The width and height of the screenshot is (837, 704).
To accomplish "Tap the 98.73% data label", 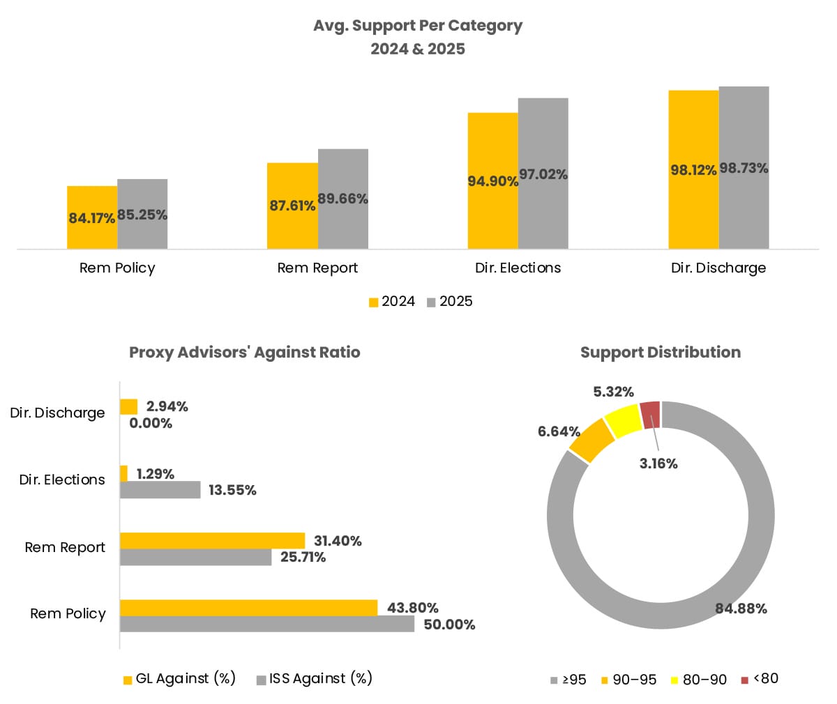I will [744, 168].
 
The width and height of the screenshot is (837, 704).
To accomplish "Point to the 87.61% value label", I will [292, 206].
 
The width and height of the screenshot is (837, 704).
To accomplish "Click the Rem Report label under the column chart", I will [317, 268].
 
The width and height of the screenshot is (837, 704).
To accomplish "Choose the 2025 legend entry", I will [449, 301].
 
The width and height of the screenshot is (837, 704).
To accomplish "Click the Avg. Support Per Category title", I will [418, 26].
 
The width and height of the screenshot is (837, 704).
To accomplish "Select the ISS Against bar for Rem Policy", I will [267, 624].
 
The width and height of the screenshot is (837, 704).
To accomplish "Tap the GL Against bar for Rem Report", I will [212, 540].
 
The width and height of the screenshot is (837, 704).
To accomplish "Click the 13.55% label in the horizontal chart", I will [232, 490].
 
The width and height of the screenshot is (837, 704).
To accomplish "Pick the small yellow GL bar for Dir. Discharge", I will [128, 406].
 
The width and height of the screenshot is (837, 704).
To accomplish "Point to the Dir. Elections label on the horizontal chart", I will [62, 480].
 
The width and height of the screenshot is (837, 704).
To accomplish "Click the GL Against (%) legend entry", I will [179, 678].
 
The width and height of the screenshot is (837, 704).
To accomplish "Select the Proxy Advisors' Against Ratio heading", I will [245, 352].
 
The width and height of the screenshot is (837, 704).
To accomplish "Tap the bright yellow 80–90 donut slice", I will [623, 420].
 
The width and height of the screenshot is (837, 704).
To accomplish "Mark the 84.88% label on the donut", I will [741, 609].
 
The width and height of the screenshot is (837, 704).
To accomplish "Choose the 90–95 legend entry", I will [628, 679].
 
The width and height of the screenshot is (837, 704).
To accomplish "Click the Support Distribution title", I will [661, 352].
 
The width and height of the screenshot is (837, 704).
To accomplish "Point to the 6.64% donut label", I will [559, 431].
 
